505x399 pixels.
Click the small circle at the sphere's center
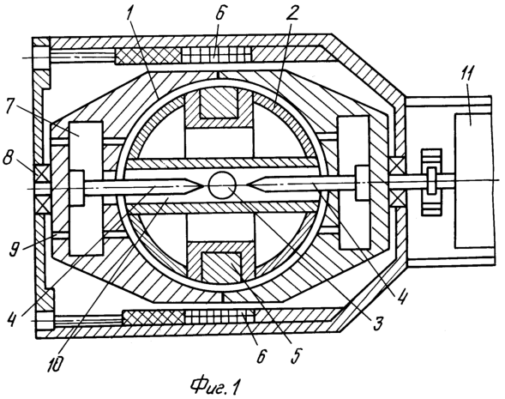222,185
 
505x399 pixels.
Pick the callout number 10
56,363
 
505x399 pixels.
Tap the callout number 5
296,354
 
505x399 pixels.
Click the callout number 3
378,323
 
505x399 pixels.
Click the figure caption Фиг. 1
215,386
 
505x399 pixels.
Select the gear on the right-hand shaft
431,182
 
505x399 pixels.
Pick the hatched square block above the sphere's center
219,102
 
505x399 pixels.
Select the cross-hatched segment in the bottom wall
154,317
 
